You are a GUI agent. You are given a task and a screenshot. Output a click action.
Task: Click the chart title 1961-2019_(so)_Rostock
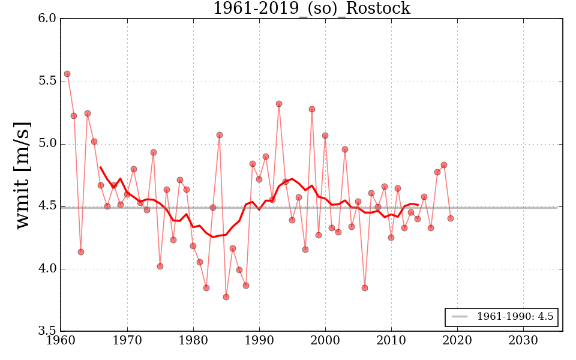point(311,9)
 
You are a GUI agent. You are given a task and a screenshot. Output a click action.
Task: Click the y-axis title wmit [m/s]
point(23,175)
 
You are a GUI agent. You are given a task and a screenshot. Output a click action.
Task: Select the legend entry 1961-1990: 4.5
point(515,317)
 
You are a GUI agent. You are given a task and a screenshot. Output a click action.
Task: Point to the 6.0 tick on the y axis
point(48,19)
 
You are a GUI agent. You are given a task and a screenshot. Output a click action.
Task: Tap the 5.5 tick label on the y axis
point(48,82)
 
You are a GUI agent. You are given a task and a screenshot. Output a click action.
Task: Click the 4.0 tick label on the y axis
point(48,269)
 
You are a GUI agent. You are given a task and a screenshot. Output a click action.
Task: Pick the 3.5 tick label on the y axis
point(48,331)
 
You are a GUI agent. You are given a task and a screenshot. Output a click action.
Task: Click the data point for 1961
point(67,74)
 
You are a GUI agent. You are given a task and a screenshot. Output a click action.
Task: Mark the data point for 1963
point(80,252)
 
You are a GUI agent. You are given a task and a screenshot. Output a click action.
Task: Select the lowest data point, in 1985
point(226,297)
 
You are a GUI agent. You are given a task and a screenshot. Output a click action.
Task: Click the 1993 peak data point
point(279,104)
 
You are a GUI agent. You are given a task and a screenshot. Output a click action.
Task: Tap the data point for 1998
point(312,109)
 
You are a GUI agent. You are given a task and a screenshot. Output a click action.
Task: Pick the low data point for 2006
point(365,288)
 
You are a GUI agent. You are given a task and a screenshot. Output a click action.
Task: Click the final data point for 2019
point(451,218)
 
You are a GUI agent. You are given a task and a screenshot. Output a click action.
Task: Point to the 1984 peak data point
point(220,135)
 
